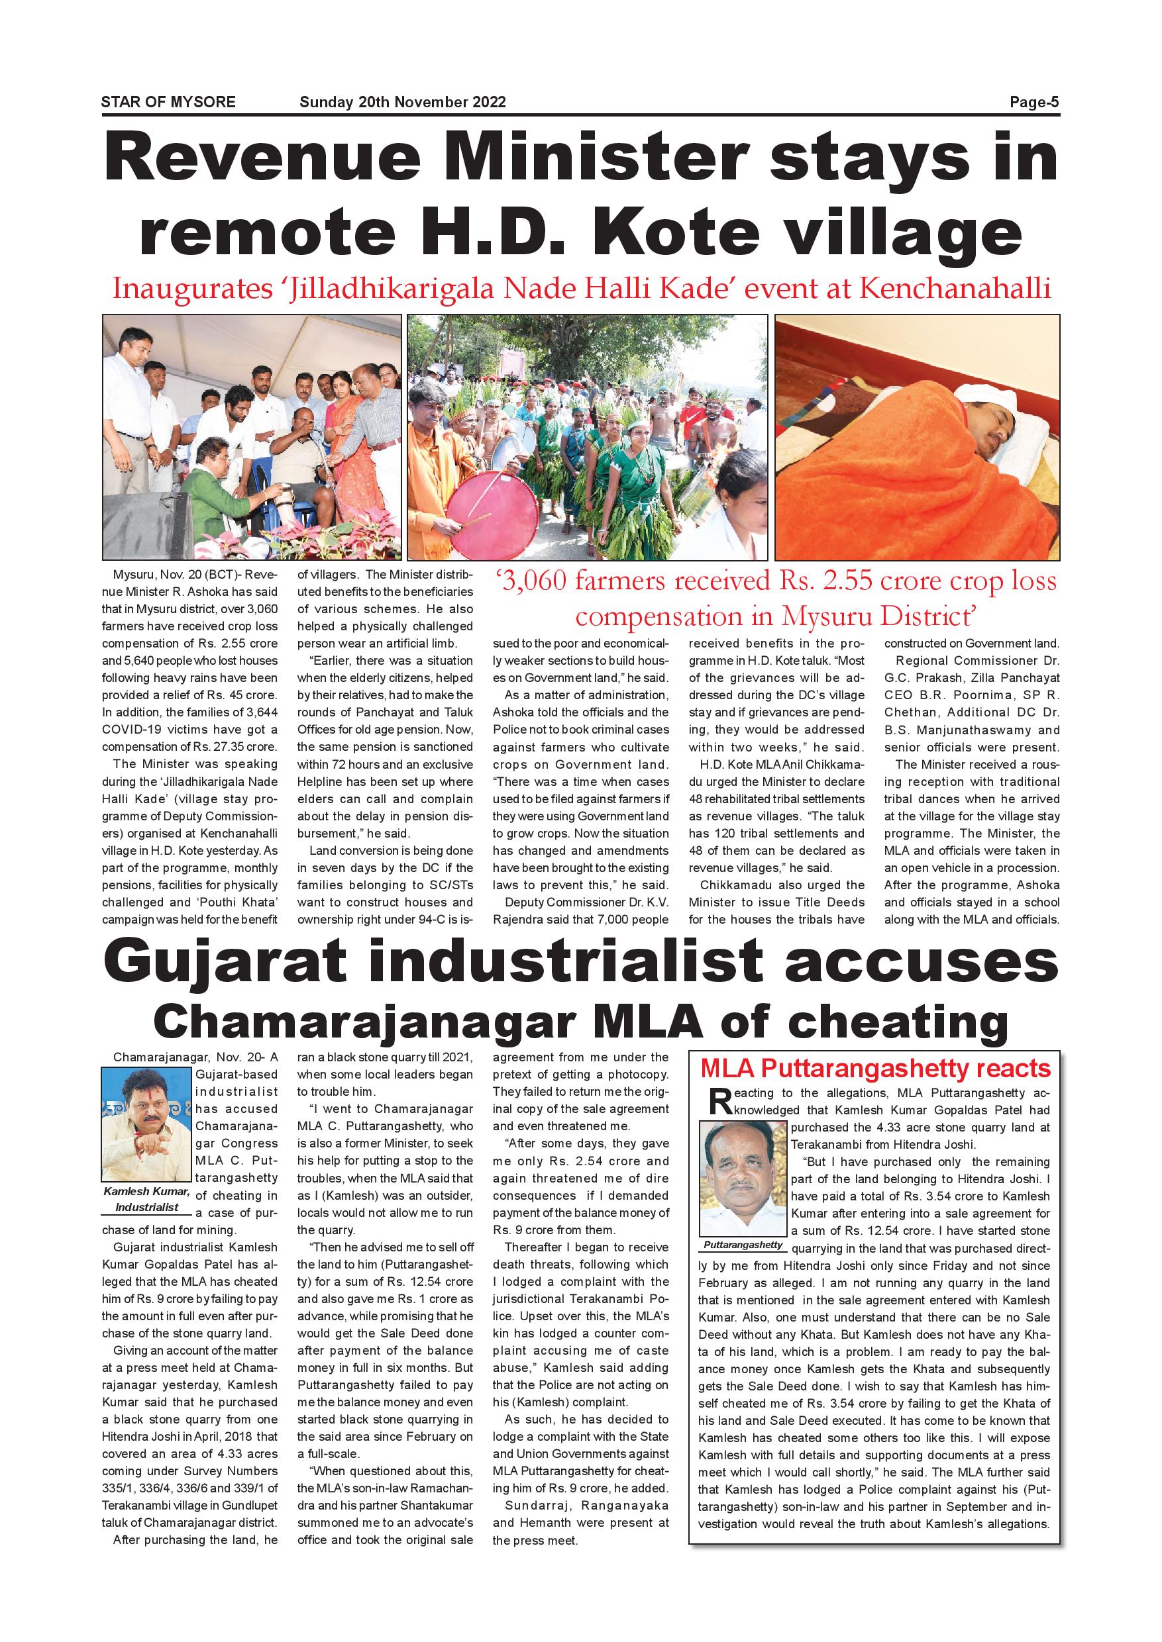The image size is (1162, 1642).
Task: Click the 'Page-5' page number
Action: [1033, 102]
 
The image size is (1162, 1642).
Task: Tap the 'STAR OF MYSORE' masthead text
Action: [168, 102]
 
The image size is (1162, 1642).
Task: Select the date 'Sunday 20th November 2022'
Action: [402, 102]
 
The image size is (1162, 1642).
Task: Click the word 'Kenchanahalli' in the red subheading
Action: [955, 288]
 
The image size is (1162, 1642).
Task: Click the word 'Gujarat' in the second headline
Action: [229, 963]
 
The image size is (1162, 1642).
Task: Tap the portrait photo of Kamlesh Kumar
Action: [147, 1124]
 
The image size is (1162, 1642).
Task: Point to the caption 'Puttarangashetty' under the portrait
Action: [743, 1245]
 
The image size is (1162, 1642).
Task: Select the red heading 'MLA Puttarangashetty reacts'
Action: [875, 1069]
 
